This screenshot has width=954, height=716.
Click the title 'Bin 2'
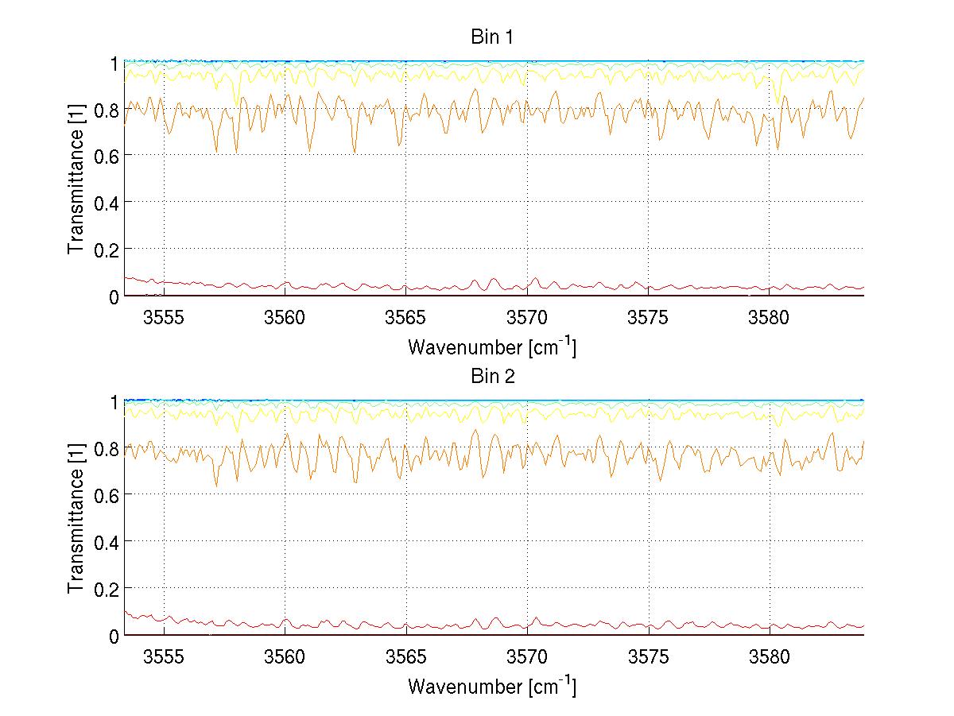tap(493, 377)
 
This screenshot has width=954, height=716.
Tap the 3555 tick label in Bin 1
tap(164, 317)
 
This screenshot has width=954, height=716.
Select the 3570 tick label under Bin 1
tap(527, 317)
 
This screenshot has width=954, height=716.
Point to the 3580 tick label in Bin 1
tap(770, 317)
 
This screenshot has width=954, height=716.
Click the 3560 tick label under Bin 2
tap(285, 657)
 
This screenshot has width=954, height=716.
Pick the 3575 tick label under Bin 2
tap(648, 657)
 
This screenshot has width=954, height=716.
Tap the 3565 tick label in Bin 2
tap(406, 657)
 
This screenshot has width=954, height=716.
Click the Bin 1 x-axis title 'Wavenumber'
tap(491, 346)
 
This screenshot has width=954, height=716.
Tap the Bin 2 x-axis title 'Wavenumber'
tap(491, 686)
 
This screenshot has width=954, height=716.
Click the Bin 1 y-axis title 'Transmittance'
tap(76, 179)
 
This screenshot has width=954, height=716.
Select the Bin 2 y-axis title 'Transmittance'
tap(76, 519)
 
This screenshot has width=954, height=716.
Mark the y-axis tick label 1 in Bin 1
tap(114, 62)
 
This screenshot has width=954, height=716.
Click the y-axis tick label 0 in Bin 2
tap(114, 636)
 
